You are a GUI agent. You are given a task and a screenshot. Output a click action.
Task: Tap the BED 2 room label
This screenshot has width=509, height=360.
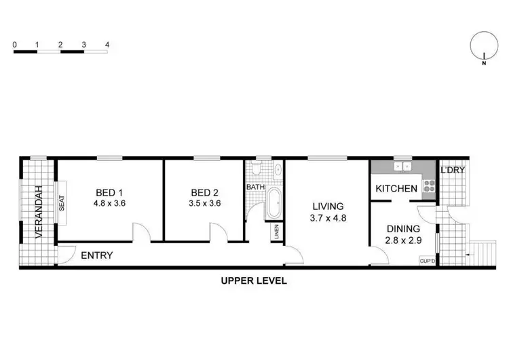click(x=204, y=192)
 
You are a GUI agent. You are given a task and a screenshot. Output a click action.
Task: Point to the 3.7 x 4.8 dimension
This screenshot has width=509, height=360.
click(x=328, y=217)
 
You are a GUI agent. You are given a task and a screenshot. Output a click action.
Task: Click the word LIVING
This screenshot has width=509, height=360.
click(x=328, y=206)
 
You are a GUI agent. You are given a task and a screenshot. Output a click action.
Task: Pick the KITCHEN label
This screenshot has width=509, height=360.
click(x=396, y=188)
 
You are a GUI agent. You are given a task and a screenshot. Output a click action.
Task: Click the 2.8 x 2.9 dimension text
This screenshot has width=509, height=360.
click(x=402, y=241)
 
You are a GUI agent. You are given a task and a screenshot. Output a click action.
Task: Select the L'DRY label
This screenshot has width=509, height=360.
click(x=453, y=170)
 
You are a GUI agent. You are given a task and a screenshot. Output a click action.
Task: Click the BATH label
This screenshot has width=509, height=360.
click(x=255, y=187)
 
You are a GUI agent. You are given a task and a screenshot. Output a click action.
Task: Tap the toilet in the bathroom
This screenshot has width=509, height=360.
click(x=256, y=168)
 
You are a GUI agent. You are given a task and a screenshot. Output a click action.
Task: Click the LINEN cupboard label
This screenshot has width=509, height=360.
click(x=276, y=232)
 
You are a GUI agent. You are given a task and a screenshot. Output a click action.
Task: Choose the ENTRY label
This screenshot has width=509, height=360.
click(x=96, y=255)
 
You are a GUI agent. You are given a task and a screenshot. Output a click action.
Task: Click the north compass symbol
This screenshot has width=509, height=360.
click(x=483, y=48)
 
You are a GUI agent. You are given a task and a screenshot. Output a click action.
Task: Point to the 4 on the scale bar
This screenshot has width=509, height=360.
click(x=107, y=45)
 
